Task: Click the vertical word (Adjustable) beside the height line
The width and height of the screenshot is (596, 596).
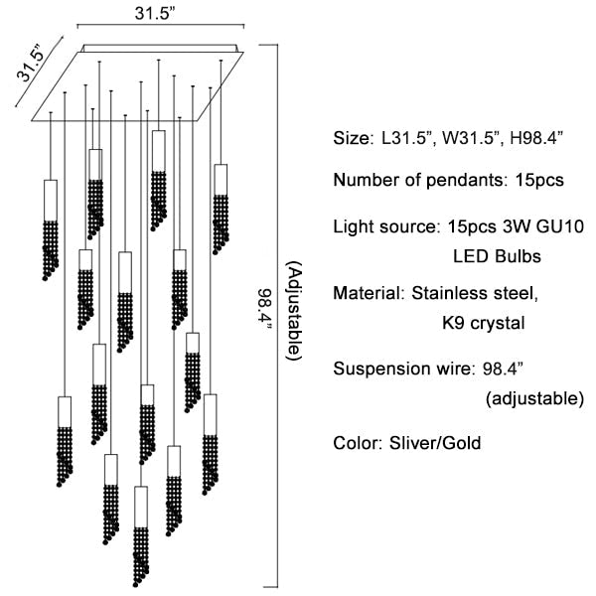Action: click(293, 311)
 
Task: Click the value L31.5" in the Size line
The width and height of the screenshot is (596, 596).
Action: click(409, 138)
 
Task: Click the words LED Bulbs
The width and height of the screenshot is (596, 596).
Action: click(497, 256)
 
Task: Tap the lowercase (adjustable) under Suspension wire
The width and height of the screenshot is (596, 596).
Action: click(533, 399)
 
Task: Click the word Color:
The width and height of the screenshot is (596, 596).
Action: click(358, 442)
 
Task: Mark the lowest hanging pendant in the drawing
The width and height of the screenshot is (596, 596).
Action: click(141, 536)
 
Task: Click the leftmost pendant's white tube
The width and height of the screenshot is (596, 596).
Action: click(51, 200)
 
